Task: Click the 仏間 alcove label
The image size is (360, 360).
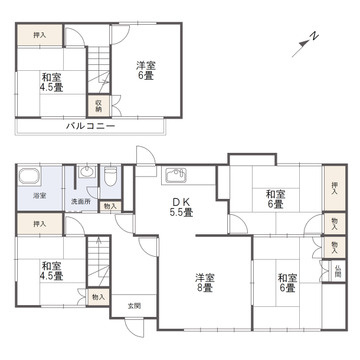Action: pyautogui.click(x=338, y=270)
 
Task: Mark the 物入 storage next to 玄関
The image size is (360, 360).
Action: pyautogui.click(x=98, y=297)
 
